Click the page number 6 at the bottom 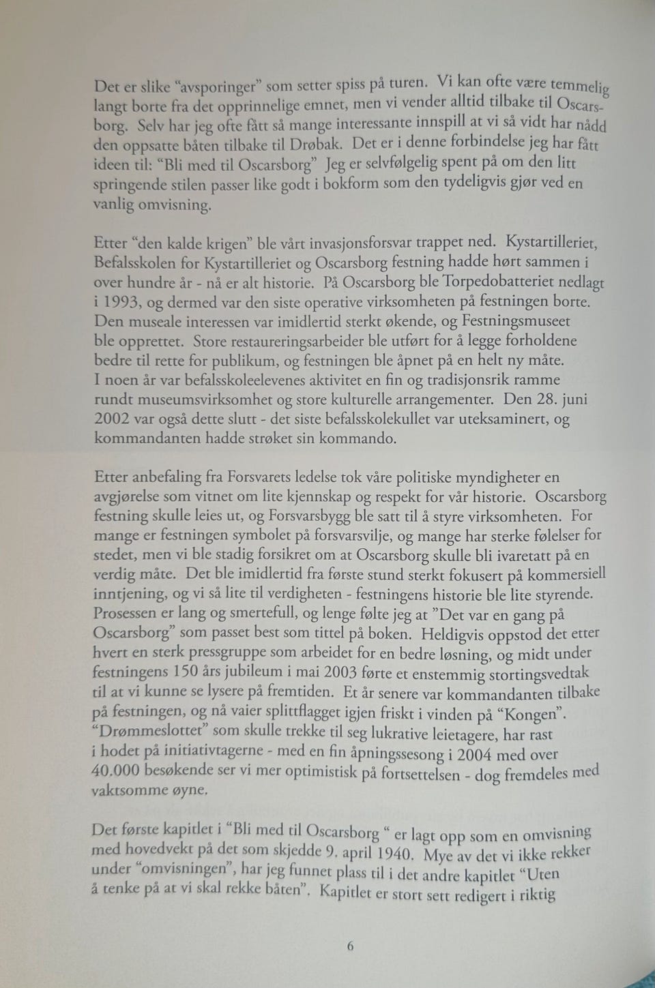(x=350, y=946)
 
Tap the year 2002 (x=111, y=419)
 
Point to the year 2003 (x=341, y=673)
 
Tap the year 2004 (x=475, y=754)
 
